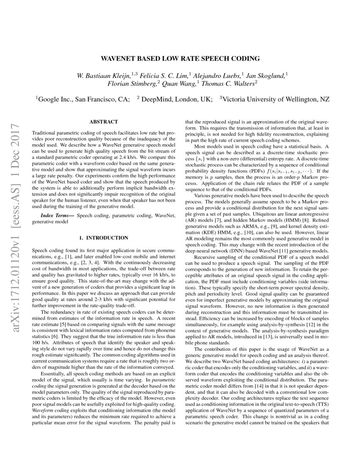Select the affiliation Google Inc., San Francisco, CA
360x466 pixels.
coord(83,100)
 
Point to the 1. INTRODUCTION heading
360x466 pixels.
coord(104,238)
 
